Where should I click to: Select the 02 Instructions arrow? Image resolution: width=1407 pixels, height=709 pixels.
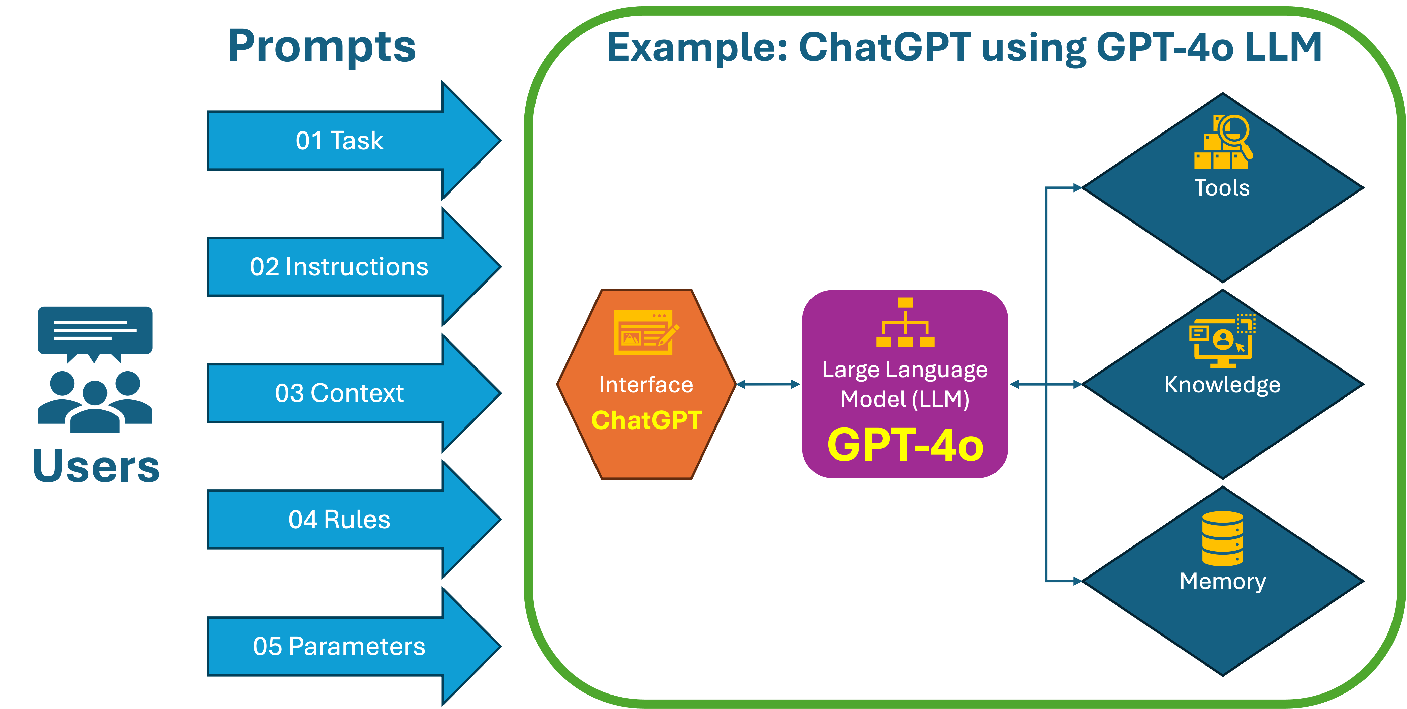click(339, 267)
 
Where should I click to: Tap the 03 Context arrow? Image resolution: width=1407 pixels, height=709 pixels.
click(339, 393)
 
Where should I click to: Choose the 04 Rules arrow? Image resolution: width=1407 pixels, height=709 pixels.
click(339, 520)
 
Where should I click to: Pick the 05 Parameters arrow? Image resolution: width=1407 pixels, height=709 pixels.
click(339, 646)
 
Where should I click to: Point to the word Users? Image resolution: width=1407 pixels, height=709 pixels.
click(96, 466)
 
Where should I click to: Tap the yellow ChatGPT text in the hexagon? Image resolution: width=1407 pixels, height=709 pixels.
click(646, 420)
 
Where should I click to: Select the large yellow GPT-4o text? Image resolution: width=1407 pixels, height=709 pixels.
click(905, 445)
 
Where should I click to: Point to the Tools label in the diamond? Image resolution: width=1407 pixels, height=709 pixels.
click(1222, 188)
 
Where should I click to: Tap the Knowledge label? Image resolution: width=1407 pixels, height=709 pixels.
click(1222, 385)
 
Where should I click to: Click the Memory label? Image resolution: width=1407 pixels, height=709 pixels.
click(1222, 581)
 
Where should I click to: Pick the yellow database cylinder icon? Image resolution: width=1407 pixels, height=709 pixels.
click(1222, 539)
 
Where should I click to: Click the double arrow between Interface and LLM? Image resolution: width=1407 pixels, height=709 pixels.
click(767, 385)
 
